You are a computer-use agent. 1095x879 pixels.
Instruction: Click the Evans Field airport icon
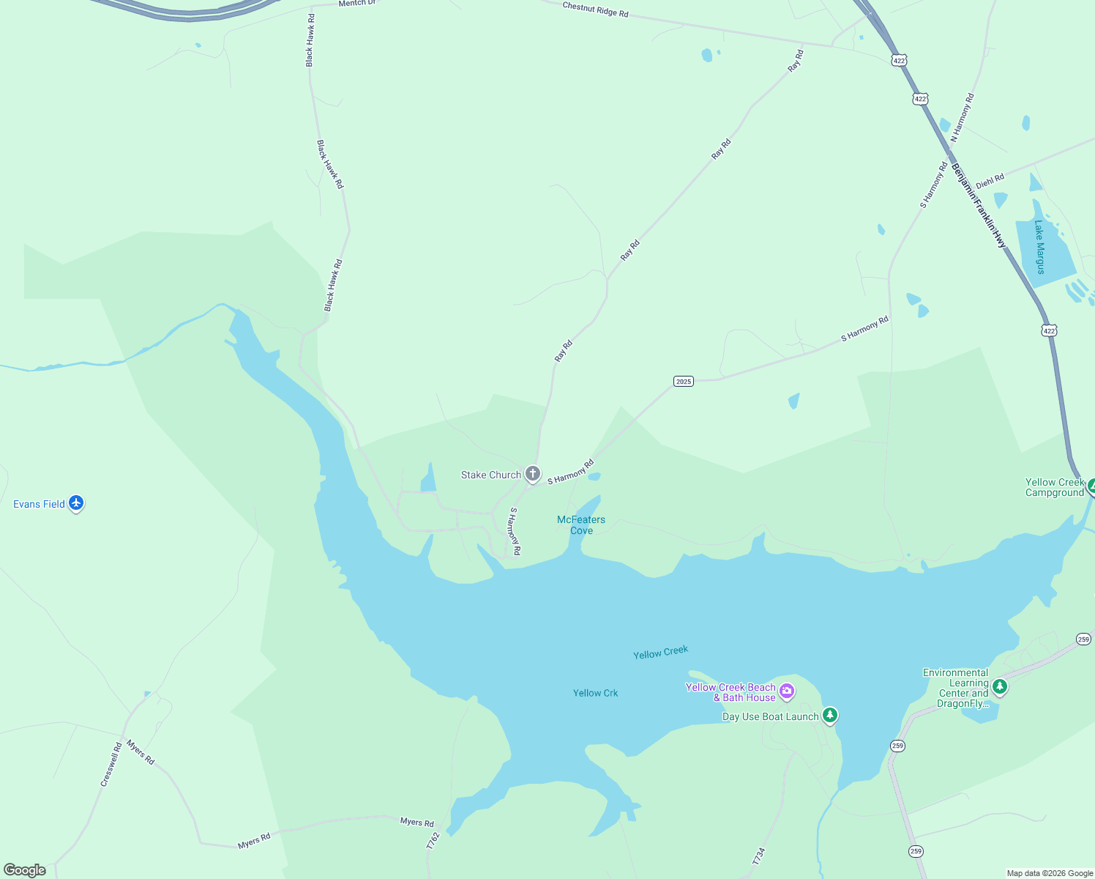click(x=76, y=503)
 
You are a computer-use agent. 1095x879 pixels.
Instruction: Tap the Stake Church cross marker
click(x=533, y=473)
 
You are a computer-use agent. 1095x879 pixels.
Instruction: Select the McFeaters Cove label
click(x=581, y=524)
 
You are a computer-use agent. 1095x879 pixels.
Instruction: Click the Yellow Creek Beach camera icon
click(x=787, y=691)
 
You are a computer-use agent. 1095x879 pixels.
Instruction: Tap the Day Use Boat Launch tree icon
click(x=829, y=715)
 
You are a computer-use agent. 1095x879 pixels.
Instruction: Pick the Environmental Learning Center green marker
click(x=999, y=686)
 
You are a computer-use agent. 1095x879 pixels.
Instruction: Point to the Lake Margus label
click(x=1039, y=247)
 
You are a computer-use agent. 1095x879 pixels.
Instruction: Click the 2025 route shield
click(x=683, y=381)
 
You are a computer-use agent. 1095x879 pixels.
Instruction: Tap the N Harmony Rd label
click(x=963, y=117)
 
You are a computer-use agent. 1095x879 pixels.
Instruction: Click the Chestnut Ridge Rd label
click(x=595, y=10)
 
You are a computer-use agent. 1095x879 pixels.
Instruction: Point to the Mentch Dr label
click(x=356, y=4)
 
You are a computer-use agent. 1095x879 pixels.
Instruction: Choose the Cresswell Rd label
click(x=111, y=765)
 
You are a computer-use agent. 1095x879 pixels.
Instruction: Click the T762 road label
click(x=433, y=840)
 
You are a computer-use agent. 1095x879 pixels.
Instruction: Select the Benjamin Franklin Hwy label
click(x=979, y=206)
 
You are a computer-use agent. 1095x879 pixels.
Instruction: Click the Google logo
click(x=24, y=870)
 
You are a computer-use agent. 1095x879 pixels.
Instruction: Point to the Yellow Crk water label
click(x=595, y=693)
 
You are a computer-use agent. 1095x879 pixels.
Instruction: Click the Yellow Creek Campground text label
click(x=1054, y=487)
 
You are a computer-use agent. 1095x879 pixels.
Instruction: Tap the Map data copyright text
click(x=1050, y=873)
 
